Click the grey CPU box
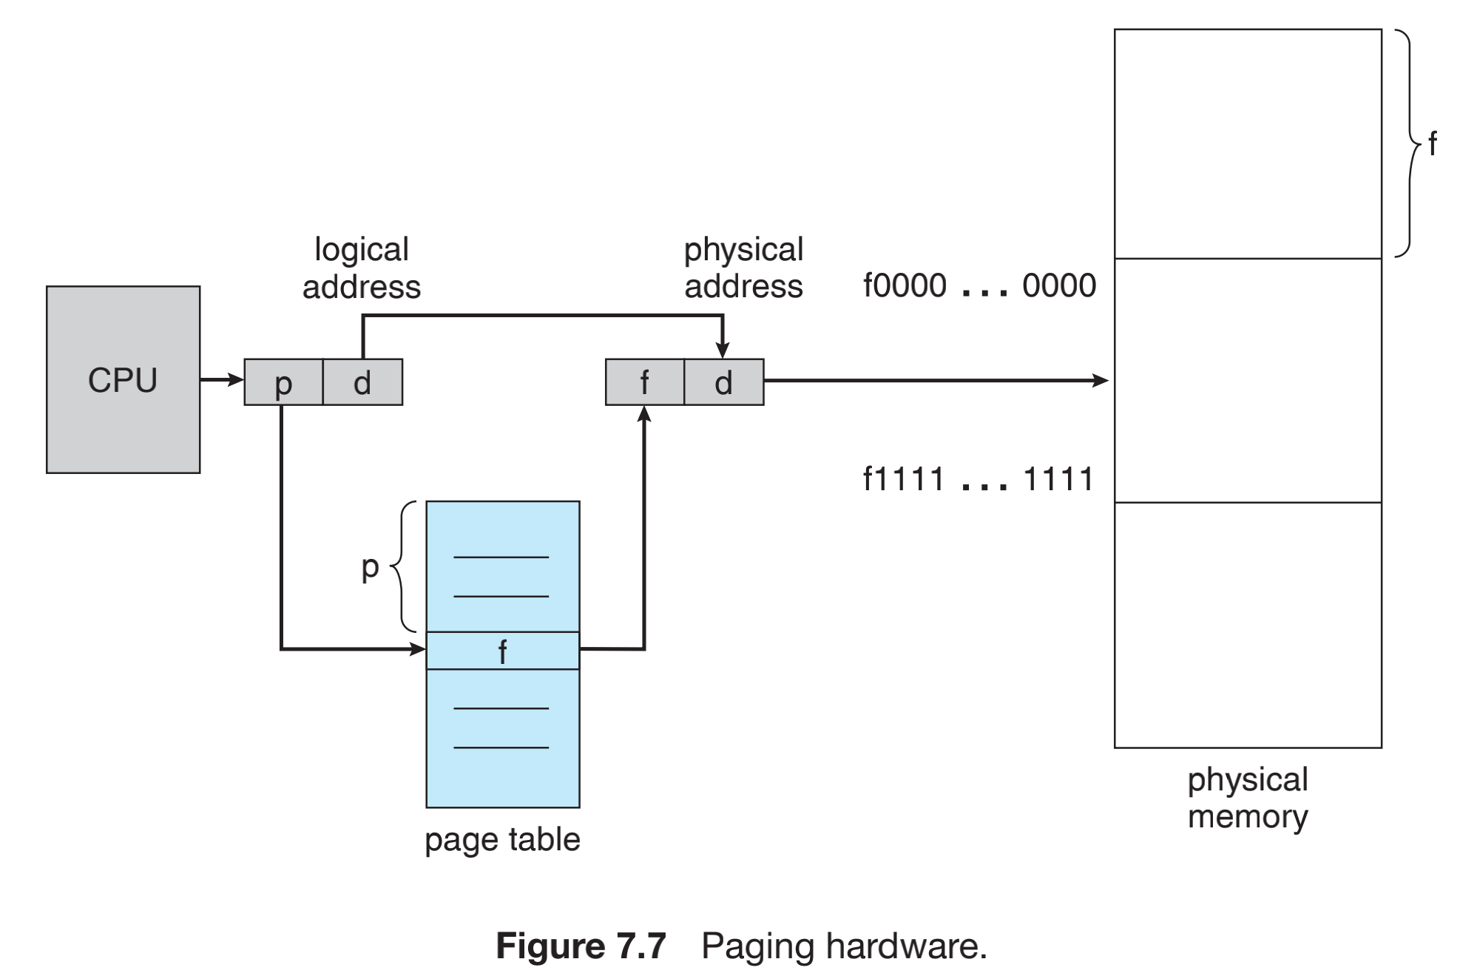point(123,379)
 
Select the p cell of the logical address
point(283,382)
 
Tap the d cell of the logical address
point(362,382)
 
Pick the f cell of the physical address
point(644,382)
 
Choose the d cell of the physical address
point(723,382)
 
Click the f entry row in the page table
point(502,651)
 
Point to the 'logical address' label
point(361,268)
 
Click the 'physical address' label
point(743,268)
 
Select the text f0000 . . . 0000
point(979,285)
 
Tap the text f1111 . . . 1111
point(978,479)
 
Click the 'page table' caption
point(502,840)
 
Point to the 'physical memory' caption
point(1248,798)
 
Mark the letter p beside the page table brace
point(370,567)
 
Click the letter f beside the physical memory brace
point(1432,143)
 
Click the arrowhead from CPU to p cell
point(236,380)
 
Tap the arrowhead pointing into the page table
point(418,649)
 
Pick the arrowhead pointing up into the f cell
point(644,415)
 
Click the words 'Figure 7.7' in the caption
point(581,946)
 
